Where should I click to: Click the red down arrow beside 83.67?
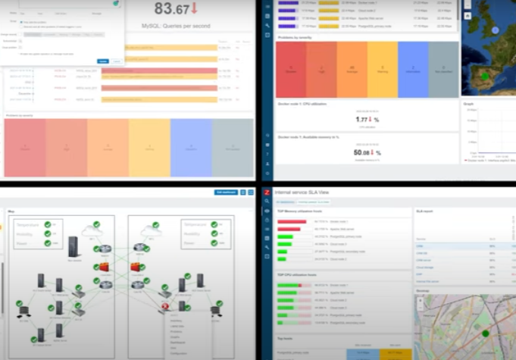click(x=194, y=9)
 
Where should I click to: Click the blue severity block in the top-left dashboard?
click(x=190, y=147)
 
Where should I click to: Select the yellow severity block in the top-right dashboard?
click(x=382, y=69)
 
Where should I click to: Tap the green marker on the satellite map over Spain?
click(x=486, y=76)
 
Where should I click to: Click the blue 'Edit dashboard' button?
click(x=226, y=193)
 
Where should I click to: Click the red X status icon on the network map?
click(x=165, y=305)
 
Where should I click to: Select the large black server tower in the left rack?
click(x=73, y=246)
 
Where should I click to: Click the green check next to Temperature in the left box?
click(x=48, y=224)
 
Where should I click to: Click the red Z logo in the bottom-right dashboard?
click(x=267, y=193)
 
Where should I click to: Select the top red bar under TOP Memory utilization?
click(x=292, y=222)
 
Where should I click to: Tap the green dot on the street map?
click(x=486, y=333)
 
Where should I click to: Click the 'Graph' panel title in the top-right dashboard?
click(x=469, y=105)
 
